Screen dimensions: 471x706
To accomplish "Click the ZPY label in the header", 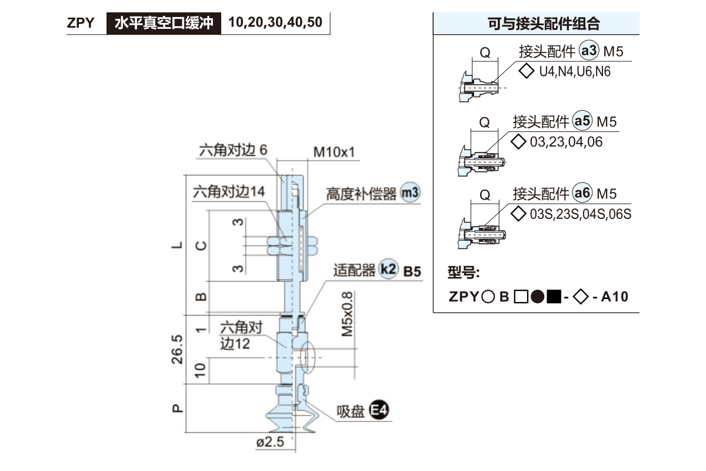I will [81, 24].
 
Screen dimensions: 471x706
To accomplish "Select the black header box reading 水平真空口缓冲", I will [164, 24].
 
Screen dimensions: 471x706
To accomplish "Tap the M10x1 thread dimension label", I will [334, 152].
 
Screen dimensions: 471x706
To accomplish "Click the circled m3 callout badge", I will [411, 193].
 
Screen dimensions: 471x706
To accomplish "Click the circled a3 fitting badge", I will [589, 51].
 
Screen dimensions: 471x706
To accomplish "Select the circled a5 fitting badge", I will [582, 121].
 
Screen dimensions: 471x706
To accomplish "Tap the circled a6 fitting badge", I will [582, 193].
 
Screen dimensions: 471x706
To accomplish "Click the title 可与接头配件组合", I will [536, 24].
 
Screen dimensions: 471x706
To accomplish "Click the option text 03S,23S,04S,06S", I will [580, 214].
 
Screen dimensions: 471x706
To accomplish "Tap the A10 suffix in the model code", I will [615, 297].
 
